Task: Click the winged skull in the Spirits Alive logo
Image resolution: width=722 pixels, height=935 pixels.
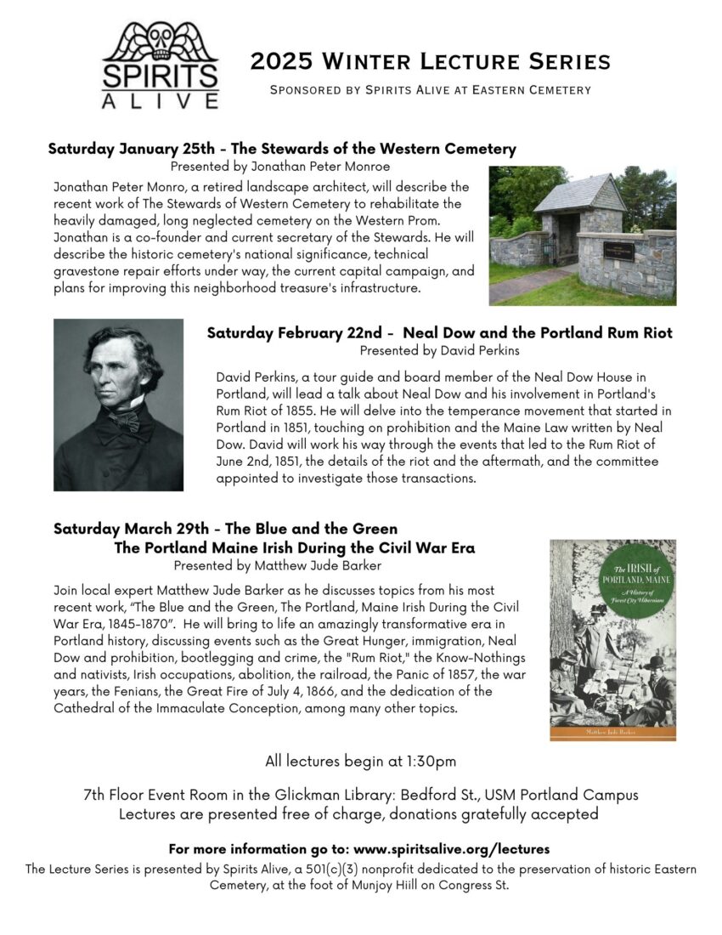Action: point(161,41)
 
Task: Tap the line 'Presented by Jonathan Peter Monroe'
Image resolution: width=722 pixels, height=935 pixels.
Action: point(280,167)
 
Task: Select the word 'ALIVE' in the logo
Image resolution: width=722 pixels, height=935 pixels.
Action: point(161,100)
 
